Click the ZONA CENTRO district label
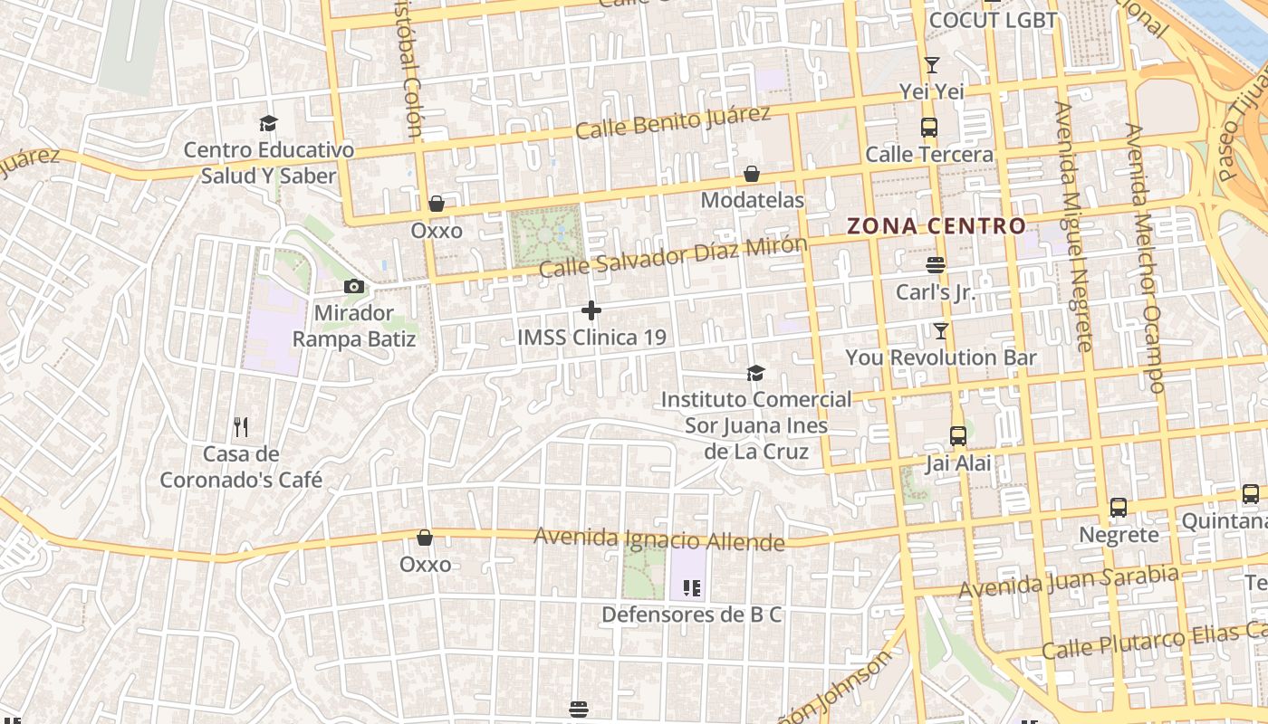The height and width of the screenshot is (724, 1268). pos(937,226)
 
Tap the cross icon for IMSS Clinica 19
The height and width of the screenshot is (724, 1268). pos(591,311)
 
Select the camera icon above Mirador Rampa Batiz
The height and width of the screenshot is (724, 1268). pos(354,287)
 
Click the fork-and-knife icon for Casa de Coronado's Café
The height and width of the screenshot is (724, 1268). pos(241,426)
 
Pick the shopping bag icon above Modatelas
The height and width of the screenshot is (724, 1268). pos(752,174)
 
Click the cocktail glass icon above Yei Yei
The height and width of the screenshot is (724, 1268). pos(931,65)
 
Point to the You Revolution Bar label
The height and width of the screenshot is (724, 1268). pos(941,357)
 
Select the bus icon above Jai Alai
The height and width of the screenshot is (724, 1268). pos(958,436)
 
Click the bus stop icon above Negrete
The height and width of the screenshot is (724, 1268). pos(1119,508)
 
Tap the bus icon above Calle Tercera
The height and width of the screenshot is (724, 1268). pos(929,128)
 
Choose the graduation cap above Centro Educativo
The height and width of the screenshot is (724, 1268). pos(268,123)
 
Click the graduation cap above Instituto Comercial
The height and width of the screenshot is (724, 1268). pos(755,373)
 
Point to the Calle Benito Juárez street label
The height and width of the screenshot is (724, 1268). pos(673,122)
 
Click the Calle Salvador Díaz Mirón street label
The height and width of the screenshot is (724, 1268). pos(673,256)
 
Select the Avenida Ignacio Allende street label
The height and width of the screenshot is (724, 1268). pos(658,539)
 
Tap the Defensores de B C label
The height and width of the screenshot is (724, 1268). pos(692,615)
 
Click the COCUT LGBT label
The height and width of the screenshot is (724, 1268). pos(994,20)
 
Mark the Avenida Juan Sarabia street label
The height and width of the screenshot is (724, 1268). pos(1069,581)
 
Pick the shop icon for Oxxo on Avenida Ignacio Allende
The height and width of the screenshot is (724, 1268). pos(425,538)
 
